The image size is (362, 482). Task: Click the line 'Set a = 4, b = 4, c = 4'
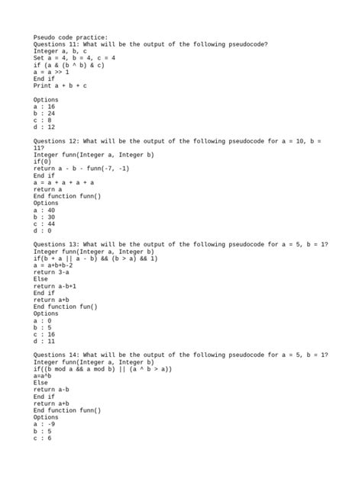click(x=74, y=58)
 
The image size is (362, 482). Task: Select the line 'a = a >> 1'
click(x=51, y=72)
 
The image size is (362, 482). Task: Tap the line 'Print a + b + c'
click(x=60, y=85)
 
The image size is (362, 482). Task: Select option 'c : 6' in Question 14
click(x=42, y=438)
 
